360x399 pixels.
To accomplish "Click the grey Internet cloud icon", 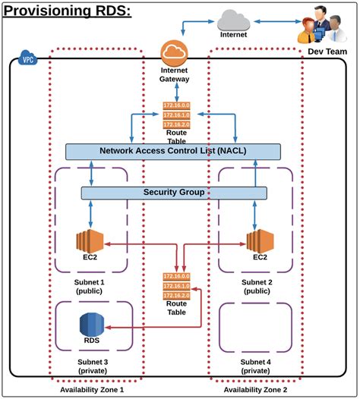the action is [x=233, y=20].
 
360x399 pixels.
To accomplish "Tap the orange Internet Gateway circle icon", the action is [x=174, y=53].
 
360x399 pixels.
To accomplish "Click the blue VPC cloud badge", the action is [x=28, y=58].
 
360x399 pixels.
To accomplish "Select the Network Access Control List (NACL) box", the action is [x=173, y=152].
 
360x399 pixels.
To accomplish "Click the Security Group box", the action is [x=174, y=193].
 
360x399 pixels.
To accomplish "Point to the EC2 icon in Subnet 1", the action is [x=90, y=241].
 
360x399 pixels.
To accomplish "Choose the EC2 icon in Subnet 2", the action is [x=260, y=241].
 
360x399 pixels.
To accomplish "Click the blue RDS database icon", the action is [x=92, y=325].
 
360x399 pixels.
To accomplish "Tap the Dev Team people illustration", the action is [x=322, y=25].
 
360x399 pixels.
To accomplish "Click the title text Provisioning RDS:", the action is [x=68, y=11].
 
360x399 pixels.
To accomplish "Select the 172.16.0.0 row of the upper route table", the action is [x=176, y=105].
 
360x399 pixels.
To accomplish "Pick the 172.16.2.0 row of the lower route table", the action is [x=176, y=295].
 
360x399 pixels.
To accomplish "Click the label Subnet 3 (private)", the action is [x=93, y=366].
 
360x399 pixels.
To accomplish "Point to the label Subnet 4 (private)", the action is [x=255, y=366].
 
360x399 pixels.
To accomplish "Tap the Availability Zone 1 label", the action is [x=92, y=390].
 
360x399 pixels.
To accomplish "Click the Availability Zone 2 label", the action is [x=255, y=390].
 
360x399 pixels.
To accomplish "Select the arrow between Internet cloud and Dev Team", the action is [x=278, y=22].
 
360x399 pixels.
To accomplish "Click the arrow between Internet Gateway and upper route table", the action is [x=177, y=92].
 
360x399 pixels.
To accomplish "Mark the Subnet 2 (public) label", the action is [x=257, y=287].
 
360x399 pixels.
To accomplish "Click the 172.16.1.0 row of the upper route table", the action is [x=176, y=115].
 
